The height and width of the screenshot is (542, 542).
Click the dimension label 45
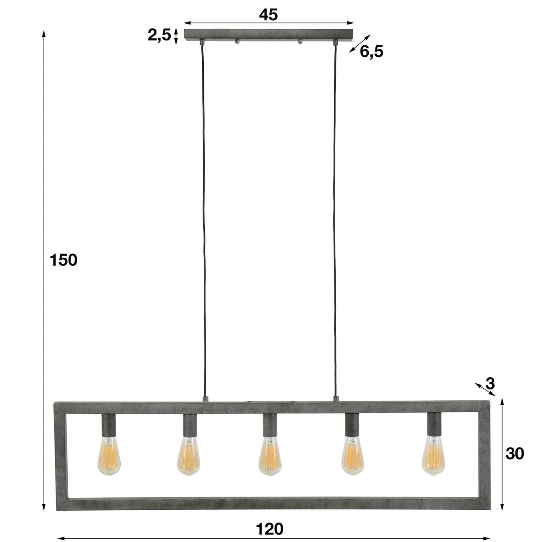click(x=268, y=15)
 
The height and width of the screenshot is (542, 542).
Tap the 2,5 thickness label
click(x=159, y=36)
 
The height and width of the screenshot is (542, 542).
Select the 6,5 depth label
click(x=371, y=52)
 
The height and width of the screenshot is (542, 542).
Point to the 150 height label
click(x=63, y=260)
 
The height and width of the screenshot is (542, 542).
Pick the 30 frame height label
click(x=515, y=453)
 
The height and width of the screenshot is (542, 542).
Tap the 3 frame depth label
click(x=490, y=384)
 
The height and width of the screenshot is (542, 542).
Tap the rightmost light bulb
click(x=434, y=456)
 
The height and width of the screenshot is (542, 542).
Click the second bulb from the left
click(x=188, y=456)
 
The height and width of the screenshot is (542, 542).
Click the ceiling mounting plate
click(x=269, y=35)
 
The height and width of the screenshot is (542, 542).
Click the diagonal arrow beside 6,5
click(x=359, y=44)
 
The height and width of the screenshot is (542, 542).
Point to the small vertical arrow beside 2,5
click(x=176, y=36)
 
